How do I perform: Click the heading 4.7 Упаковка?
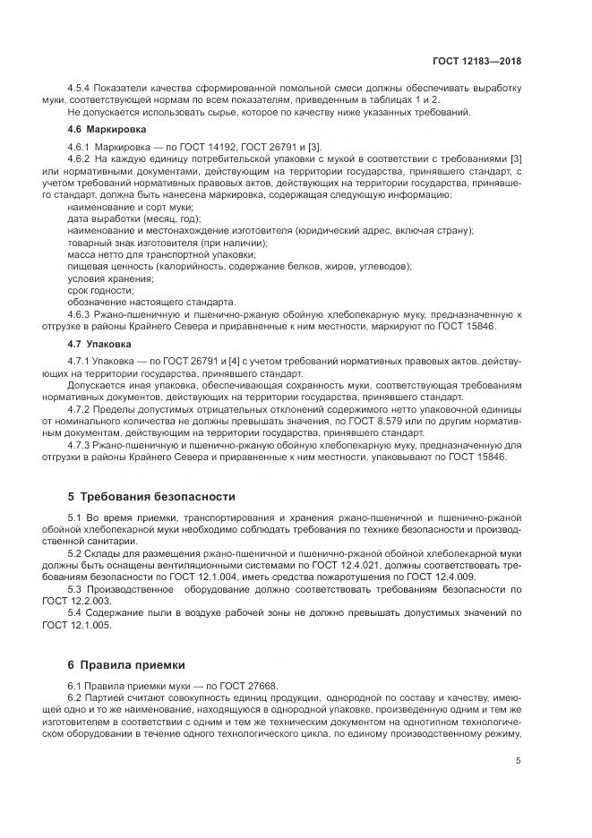(x=96, y=343)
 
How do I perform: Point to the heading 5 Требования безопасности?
(x=151, y=495)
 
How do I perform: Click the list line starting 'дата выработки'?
(x=134, y=218)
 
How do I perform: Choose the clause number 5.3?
(x=75, y=589)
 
